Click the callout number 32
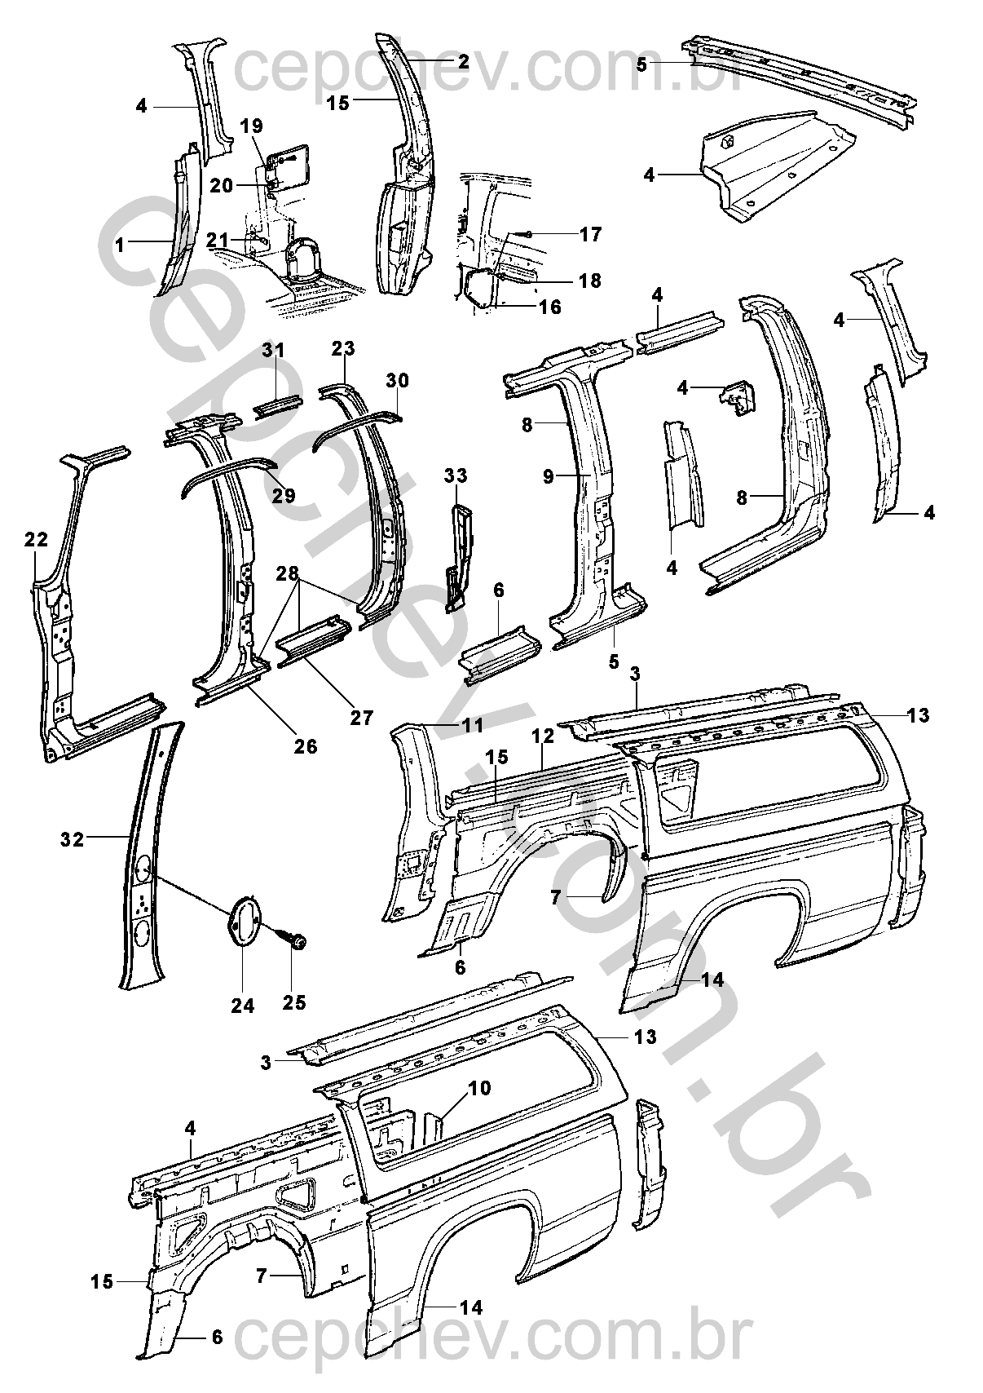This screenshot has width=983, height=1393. pos(72,838)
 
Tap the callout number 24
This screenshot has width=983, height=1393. pos(242,1005)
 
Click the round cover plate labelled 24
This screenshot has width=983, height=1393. pos(243,922)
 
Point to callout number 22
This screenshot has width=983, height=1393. pos(36,540)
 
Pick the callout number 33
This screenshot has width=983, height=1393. pos(456,475)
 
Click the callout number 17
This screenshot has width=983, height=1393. pos(590,235)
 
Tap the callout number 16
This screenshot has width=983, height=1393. pos(550,307)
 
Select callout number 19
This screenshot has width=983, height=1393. pos(253,126)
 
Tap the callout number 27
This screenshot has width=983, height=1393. pos(361,718)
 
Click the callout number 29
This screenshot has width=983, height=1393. pos(284,497)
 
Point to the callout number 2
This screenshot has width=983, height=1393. pos(462,61)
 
